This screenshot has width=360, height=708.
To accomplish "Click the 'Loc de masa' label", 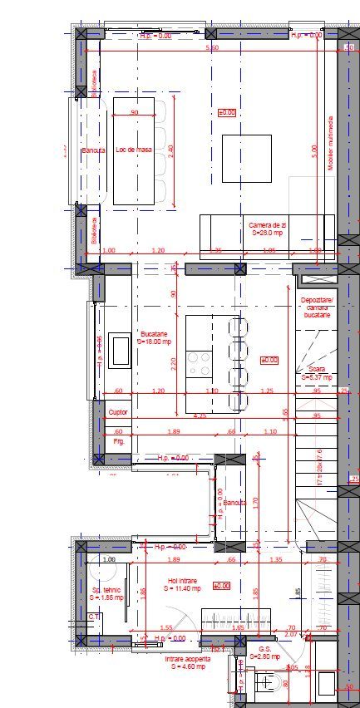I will click(133, 150).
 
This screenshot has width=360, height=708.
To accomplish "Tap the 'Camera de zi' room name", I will click(268, 225).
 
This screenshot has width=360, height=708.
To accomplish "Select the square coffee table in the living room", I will click(246, 158).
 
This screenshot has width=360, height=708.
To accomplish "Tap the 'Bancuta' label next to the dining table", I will click(92, 150).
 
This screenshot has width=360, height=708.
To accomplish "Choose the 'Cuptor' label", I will click(118, 411).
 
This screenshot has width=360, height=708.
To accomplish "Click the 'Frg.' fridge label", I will click(118, 441).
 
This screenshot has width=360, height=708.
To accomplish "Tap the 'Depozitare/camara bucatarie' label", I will click(316, 307).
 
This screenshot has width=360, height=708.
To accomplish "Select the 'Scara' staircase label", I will click(317, 369).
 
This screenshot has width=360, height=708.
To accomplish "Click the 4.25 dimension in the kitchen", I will click(200, 415).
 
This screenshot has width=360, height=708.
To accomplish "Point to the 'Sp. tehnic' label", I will click(107, 591).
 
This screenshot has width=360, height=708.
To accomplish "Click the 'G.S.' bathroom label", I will click(265, 650).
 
